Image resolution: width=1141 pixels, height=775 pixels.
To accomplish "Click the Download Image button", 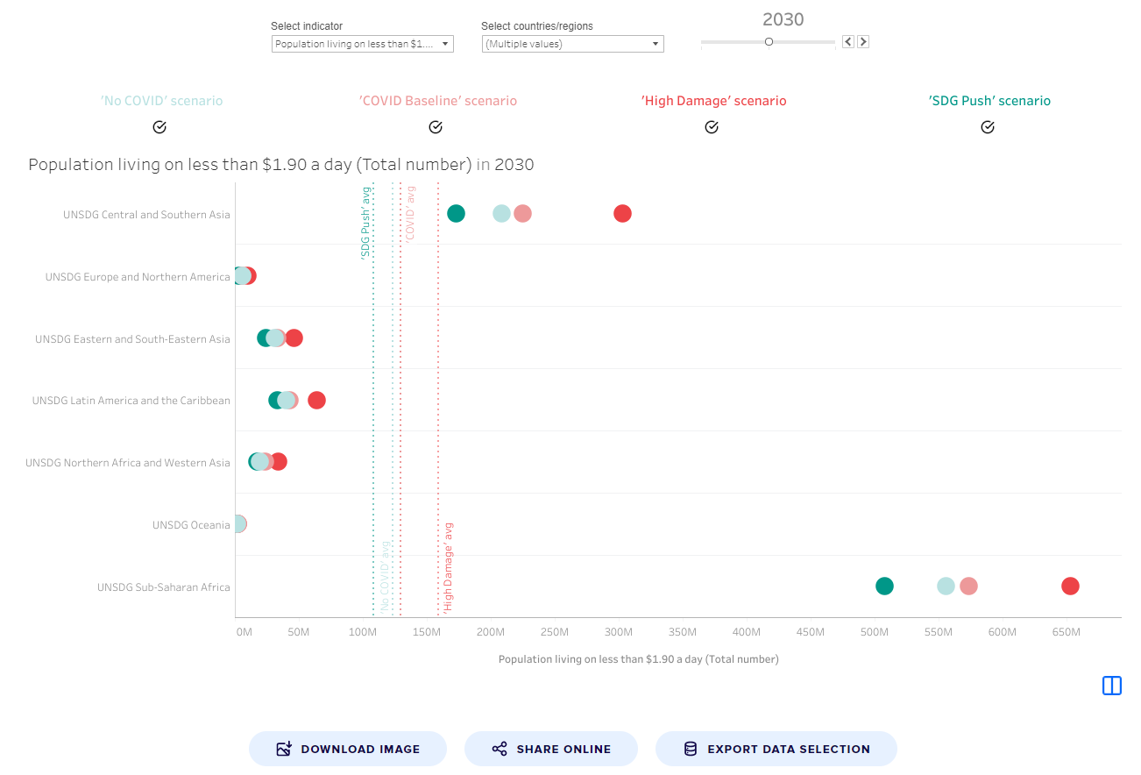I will pyautogui.click(x=348, y=749).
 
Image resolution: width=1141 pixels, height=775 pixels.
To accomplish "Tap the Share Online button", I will pyautogui.click(x=550, y=749).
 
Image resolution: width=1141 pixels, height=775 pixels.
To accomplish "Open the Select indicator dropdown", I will pyautogui.click(x=362, y=44).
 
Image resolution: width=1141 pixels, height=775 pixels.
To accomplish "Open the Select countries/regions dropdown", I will pyautogui.click(x=572, y=44).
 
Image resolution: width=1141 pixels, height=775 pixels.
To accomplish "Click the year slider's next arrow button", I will pyautogui.click(x=863, y=41).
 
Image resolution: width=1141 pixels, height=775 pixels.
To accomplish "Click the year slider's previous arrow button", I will pyautogui.click(x=848, y=41).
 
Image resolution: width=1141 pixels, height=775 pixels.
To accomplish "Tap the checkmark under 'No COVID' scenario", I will pyautogui.click(x=159, y=127).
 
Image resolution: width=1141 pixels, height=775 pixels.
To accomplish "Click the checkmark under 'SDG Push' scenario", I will pyautogui.click(x=988, y=127).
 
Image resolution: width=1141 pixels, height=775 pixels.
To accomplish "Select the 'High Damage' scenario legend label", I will pyautogui.click(x=713, y=101).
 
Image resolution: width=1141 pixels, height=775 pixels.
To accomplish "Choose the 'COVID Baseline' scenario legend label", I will pyautogui.click(x=438, y=101).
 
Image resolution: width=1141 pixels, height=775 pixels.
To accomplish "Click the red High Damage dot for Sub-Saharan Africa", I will pyautogui.click(x=1070, y=587).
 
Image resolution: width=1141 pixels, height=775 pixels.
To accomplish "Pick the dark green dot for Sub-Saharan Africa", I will pyautogui.click(x=884, y=587).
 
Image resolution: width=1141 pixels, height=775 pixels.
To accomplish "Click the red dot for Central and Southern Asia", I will pyautogui.click(x=622, y=213).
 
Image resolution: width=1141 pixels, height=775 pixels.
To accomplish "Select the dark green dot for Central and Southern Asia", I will pyautogui.click(x=456, y=213).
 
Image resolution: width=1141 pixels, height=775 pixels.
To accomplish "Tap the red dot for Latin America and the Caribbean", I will pyautogui.click(x=316, y=401).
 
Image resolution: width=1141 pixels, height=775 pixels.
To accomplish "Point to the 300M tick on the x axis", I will pyautogui.click(x=618, y=632).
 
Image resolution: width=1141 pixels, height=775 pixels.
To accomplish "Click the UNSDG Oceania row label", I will pyautogui.click(x=191, y=525).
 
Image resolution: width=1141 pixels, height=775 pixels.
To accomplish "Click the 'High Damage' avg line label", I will pyautogui.click(x=448, y=566).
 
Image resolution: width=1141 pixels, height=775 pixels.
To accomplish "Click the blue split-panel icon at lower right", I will pyautogui.click(x=1111, y=686).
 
